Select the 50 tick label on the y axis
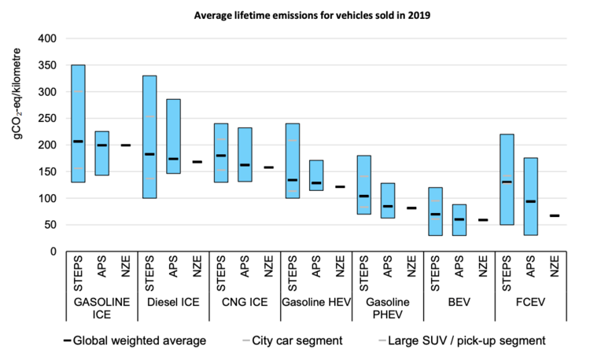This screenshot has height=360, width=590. [49, 225]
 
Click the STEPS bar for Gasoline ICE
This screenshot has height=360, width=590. [78, 123]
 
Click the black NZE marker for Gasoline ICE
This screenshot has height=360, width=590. [126, 145]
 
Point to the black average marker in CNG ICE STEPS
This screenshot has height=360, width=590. [221, 156]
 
